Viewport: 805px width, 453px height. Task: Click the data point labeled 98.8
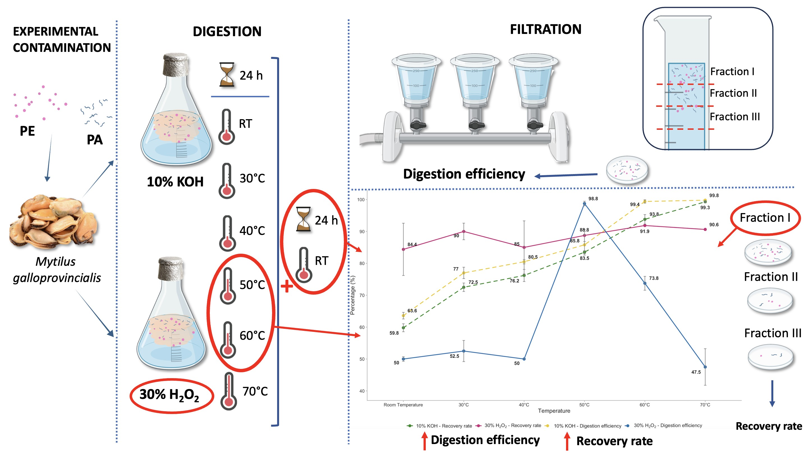pyautogui.click(x=584, y=204)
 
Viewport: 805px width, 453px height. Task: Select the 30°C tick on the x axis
pyautogui.click(x=463, y=405)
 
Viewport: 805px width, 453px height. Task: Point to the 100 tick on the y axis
pyautogui.click(x=361, y=200)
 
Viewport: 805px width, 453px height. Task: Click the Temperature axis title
pyautogui.click(x=554, y=411)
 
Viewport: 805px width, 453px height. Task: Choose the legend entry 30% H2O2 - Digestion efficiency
pyautogui.click(x=668, y=426)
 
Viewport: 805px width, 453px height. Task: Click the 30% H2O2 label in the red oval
pyautogui.click(x=169, y=395)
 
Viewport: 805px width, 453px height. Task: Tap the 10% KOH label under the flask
pyautogui.click(x=175, y=182)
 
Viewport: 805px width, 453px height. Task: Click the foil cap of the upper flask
pyautogui.click(x=176, y=65)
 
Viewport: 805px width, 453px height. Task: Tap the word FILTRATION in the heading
pyautogui.click(x=546, y=29)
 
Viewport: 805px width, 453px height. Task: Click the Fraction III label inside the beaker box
pyautogui.click(x=734, y=117)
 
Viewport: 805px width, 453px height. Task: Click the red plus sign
pyautogui.click(x=287, y=286)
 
